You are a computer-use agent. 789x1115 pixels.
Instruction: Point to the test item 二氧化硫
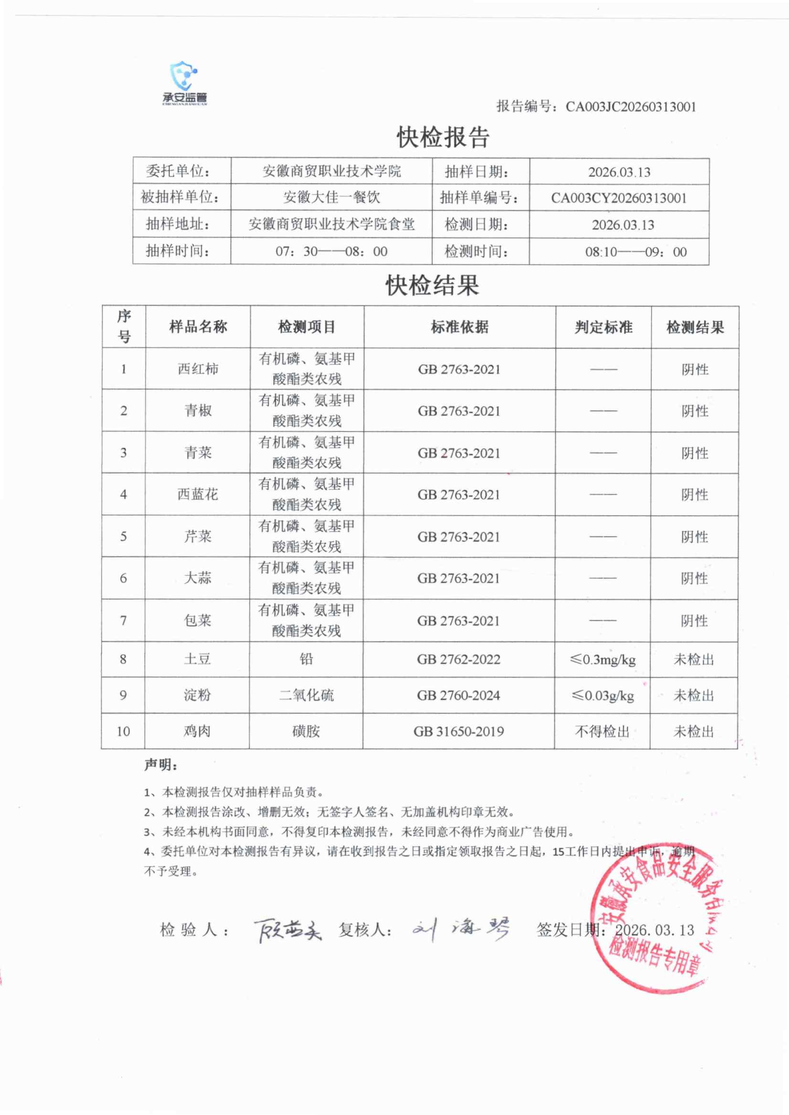(306, 695)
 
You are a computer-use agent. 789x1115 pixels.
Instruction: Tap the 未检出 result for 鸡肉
(693, 731)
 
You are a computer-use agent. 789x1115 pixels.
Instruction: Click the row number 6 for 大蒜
(123, 578)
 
